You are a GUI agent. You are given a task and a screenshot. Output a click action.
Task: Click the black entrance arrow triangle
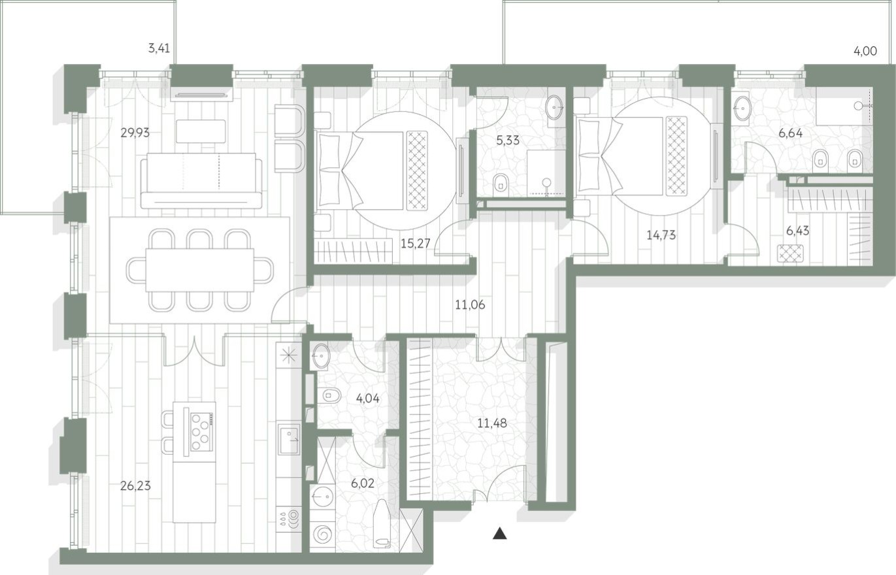point(500,533)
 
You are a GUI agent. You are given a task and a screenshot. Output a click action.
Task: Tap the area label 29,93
point(135,133)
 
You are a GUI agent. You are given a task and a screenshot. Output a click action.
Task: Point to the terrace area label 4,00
point(865,51)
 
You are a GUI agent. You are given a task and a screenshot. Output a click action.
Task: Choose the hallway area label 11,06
point(470,304)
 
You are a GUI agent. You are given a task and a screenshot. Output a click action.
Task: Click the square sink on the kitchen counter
point(289,438)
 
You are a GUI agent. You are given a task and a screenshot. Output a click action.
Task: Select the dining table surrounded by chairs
point(199,269)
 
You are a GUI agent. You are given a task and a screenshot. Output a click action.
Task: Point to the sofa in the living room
point(201,180)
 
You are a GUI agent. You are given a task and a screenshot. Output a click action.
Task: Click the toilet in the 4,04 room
point(331,395)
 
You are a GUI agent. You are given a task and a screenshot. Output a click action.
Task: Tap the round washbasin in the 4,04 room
point(321,356)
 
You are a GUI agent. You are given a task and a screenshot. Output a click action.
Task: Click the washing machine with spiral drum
point(322,534)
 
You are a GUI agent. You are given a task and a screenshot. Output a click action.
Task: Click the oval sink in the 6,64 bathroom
point(743,108)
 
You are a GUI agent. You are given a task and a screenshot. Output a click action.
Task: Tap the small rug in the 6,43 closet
point(790,253)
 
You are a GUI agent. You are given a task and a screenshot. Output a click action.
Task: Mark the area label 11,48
point(491,423)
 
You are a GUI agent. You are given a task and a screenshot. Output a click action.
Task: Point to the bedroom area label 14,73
point(661,235)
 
